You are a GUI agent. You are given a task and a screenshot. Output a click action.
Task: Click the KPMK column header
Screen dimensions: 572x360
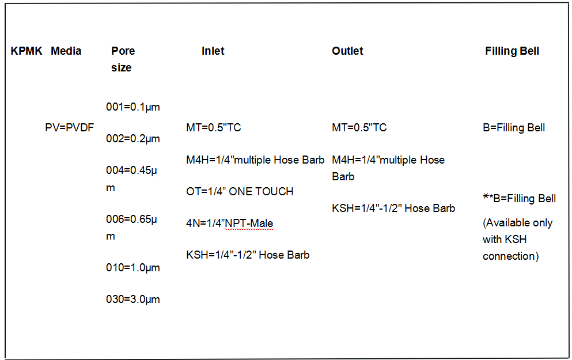click(x=26, y=51)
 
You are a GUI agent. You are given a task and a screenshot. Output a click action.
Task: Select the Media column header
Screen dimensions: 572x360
click(x=66, y=51)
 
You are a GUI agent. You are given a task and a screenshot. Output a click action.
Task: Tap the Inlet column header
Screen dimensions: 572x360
click(x=213, y=51)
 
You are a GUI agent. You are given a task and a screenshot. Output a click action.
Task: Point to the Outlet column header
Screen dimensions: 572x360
click(x=347, y=51)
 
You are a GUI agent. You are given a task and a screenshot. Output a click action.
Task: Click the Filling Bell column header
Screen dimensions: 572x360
click(x=512, y=51)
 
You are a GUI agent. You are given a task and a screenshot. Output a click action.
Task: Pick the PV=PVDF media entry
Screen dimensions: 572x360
click(x=69, y=127)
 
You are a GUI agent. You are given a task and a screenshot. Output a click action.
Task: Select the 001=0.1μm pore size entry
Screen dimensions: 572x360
click(x=133, y=107)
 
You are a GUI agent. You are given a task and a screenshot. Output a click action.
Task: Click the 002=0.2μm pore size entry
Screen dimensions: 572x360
click(x=133, y=139)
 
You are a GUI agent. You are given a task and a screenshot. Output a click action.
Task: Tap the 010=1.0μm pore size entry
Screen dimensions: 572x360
click(x=133, y=267)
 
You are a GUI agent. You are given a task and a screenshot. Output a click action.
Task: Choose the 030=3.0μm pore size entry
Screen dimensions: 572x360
click(x=133, y=299)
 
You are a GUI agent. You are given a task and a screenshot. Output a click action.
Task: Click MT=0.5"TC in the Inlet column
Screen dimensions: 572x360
click(x=213, y=127)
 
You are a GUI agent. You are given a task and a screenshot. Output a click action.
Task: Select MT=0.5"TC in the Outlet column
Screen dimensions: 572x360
click(x=359, y=127)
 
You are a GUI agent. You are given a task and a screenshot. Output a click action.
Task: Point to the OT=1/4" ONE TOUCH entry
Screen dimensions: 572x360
click(x=240, y=191)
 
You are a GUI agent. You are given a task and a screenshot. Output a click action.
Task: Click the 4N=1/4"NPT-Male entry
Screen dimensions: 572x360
click(x=229, y=223)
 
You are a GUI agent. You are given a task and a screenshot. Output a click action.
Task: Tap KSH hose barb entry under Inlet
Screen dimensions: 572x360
click(x=248, y=255)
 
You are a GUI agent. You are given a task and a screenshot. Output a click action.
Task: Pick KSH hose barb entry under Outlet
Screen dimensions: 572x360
click(x=393, y=208)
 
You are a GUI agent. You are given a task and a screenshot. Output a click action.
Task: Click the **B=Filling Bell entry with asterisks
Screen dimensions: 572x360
click(x=519, y=198)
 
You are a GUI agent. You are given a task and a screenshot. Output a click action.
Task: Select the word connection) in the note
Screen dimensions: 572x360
click(x=511, y=256)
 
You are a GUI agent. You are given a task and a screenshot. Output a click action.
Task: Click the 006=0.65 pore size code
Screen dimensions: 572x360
click(x=131, y=219)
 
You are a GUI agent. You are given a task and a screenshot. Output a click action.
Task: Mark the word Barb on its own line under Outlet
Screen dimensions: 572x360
click(x=343, y=176)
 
